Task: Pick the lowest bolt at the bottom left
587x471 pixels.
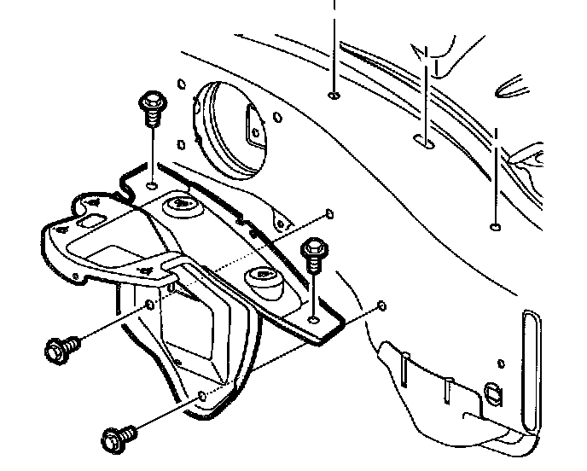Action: click(x=115, y=439)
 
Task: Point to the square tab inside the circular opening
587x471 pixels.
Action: click(x=254, y=125)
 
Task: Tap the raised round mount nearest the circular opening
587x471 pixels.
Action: click(x=178, y=204)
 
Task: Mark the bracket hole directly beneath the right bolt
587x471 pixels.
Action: click(x=315, y=319)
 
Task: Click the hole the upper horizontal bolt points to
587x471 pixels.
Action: click(x=150, y=305)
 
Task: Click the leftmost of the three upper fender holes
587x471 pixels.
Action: click(x=332, y=95)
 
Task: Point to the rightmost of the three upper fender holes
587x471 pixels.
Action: click(x=495, y=227)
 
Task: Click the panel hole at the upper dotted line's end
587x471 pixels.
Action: click(x=329, y=213)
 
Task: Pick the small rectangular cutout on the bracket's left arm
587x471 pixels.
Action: click(x=87, y=222)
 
